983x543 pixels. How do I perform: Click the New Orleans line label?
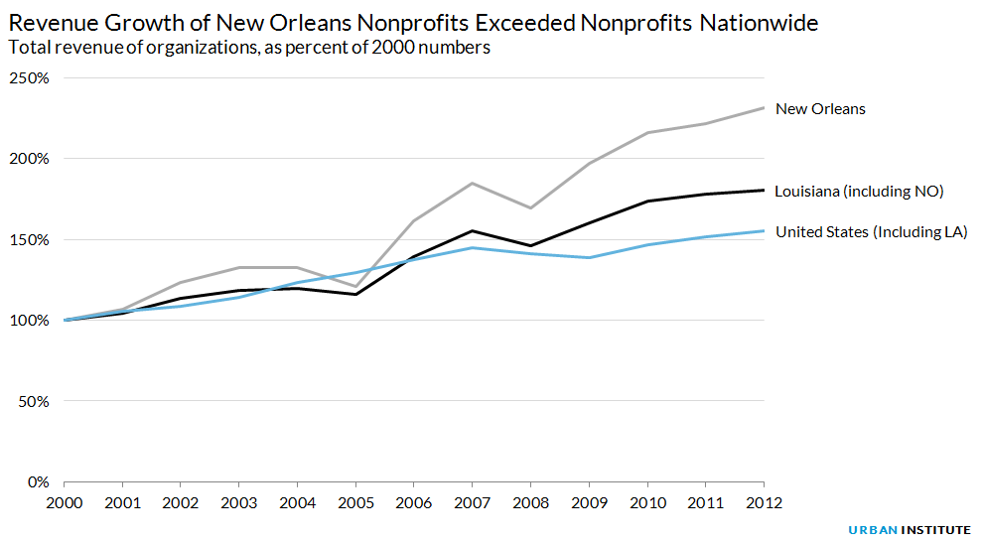coord(820,109)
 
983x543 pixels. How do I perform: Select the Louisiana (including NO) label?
coord(859,191)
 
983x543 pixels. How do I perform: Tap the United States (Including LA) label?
coord(871,232)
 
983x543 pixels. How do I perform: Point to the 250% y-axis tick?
coord(28,77)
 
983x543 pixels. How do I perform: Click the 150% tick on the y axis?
coord(28,239)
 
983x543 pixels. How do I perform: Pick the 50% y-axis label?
coord(32,401)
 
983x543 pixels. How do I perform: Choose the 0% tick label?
coord(36,482)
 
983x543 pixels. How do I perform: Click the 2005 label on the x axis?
coord(356,502)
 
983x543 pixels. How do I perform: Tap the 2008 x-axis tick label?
coord(531,502)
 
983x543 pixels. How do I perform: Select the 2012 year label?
coord(764,502)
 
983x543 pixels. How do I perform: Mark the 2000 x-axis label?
coord(66,502)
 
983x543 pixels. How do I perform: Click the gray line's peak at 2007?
coord(473,183)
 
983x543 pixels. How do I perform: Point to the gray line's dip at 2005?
coord(356,287)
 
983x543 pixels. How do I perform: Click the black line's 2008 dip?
coord(531,245)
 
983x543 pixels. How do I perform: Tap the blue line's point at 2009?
coord(589,258)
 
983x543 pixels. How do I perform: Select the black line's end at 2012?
coord(764,190)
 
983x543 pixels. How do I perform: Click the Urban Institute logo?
coord(909,530)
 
